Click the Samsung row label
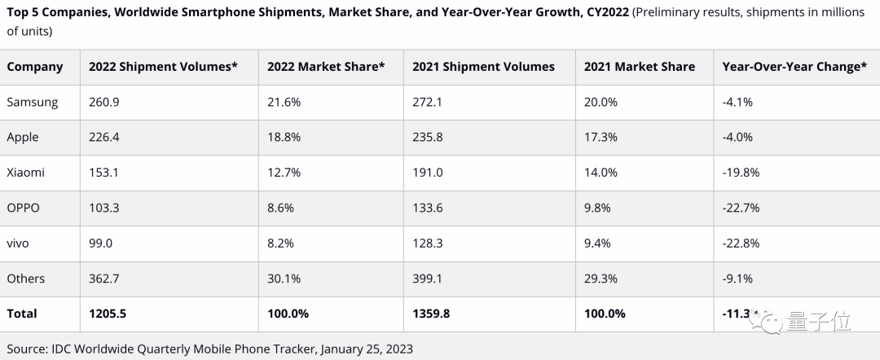click(x=33, y=102)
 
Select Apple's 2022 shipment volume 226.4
click(x=104, y=137)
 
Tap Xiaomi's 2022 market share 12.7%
click(x=283, y=173)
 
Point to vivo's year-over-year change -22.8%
click(x=741, y=243)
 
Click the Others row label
click(x=26, y=279)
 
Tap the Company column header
click(x=35, y=67)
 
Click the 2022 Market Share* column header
click(x=326, y=67)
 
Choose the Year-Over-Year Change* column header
click(x=794, y=67)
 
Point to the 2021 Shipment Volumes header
click(x=483, y=67)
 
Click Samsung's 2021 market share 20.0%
click(x=601, y=102)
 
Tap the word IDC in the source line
click(x=62, y=349)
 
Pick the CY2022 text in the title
click(x=607, y=13)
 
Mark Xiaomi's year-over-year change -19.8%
click(x=741, y=173)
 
